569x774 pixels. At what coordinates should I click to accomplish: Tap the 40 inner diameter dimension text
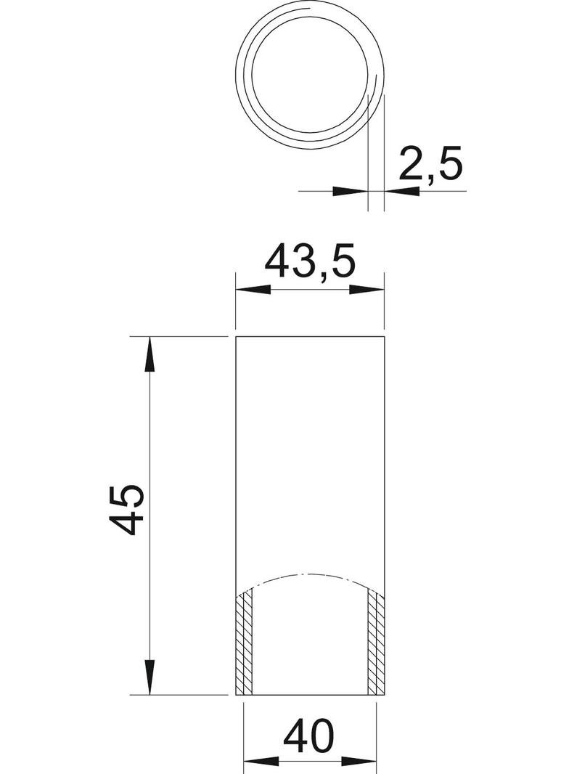309,737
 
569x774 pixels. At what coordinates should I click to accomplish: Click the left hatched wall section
245,643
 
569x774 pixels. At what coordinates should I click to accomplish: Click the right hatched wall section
375,643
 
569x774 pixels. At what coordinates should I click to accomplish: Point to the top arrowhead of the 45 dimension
150,356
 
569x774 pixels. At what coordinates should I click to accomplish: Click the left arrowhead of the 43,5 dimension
254,290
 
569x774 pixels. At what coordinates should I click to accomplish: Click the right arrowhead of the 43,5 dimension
367,290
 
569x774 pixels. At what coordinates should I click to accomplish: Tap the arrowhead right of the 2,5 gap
402,192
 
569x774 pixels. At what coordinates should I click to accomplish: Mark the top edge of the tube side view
310,337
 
